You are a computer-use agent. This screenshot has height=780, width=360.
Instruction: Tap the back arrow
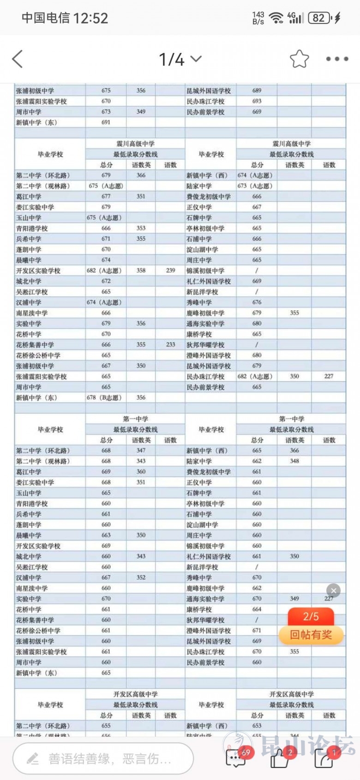(18, 59)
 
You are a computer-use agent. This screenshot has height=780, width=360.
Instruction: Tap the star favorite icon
(299, 59)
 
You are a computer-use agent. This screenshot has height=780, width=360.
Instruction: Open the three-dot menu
(337, 59)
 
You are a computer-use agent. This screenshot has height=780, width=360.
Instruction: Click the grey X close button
(333, 590)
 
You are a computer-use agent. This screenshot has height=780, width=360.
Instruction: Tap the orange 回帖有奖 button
(311, 635)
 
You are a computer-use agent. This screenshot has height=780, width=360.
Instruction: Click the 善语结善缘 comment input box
(103, 758)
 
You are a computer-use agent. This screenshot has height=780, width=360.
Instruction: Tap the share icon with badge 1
(324, 758)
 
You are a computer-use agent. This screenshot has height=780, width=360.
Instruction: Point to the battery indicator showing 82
(319, 18)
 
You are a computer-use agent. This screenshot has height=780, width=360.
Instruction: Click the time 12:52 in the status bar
(90, 18)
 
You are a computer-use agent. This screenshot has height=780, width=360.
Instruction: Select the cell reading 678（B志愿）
(104, 397)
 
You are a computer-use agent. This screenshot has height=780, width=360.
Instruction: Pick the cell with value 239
(170, 270)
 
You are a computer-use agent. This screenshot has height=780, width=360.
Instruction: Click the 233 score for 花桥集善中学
(170, 344)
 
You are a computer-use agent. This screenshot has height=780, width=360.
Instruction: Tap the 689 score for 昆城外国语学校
(257, 90)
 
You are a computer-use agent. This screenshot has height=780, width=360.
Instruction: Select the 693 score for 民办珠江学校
(257, 101)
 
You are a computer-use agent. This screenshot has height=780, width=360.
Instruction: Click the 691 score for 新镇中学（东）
(106, 122)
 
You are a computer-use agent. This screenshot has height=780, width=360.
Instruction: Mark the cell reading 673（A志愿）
(255, 186)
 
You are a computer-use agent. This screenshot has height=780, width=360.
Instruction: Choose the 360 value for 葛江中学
(141, 472)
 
